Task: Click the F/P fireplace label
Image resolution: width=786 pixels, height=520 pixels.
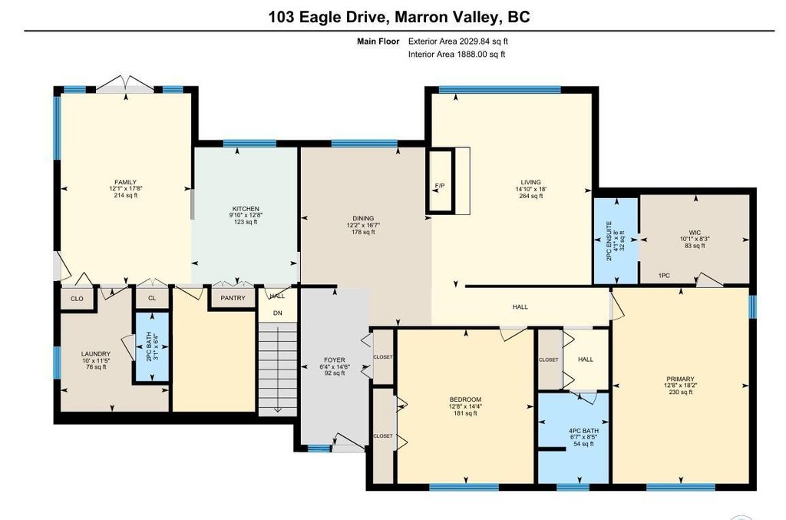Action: (x=440, y=186)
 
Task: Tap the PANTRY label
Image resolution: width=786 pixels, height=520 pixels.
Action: (x=233, y=298)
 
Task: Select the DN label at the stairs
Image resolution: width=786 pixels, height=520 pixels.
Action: (x=278, y=313)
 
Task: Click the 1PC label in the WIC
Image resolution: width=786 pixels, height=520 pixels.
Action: (x=664, y=275)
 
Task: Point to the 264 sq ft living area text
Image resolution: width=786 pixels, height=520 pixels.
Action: (x=531, y=196)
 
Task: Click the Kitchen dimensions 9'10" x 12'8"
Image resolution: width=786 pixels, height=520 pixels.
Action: (x=246, y=215)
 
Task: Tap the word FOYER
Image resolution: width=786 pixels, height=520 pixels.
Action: (x=335, y=360)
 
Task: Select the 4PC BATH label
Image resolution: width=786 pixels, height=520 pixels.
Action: (x=583, y=431)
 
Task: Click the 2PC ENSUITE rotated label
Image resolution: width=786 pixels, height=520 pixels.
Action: (x=609, y=240)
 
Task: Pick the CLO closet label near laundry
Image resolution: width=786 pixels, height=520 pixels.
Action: (x=77, y=299)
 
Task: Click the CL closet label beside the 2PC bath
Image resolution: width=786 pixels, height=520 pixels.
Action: (x=152, y=298)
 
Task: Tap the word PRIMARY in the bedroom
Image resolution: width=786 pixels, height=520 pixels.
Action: (x=680, y=379)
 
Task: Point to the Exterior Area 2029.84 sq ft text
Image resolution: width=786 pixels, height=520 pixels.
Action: (x=457, y=41)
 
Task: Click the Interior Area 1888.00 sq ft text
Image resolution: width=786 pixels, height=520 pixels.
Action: (x=457, y=55)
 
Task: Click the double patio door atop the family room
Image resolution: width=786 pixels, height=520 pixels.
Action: (x=125, y=84)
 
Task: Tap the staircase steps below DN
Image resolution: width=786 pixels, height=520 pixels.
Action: (x=278, y=368)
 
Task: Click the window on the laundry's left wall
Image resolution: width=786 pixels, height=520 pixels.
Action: (x=57, y=362)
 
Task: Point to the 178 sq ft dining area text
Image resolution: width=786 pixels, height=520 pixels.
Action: (x=363, y=232)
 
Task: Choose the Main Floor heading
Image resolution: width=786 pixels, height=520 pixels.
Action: (x=378, y=41)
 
